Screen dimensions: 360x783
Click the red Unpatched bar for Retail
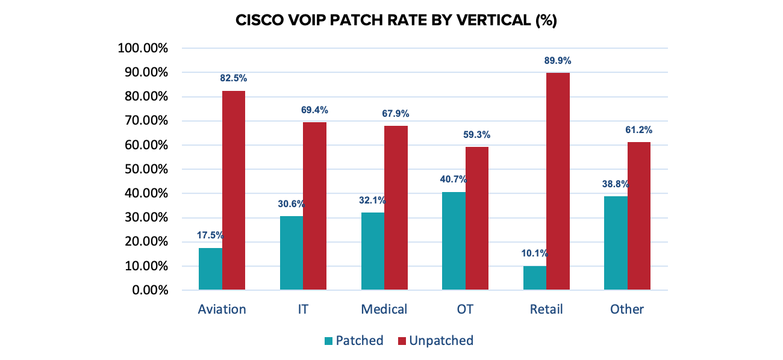(x=558, y=181)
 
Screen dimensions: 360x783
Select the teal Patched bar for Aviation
(x=210, y=269)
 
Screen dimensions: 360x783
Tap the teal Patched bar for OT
(x=454, y=241)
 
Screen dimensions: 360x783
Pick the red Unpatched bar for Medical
(x=396, y=208)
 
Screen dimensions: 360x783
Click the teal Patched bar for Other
(x=616, y=243)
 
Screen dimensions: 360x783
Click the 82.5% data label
(x=234, y=78)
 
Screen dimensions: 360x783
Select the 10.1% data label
(x=534, y=253)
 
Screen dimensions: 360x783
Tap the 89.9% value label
(x=558, y=61)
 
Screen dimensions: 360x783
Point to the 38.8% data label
(x=616, y=184)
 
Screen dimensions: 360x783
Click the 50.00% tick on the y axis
(x=145, y=169)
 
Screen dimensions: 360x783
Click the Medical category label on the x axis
(x=384, y=309)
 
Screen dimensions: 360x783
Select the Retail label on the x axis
(x=546, y=309)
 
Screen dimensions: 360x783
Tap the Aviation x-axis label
(x=222, y=309)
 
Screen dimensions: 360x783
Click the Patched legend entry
(x=359, y=341)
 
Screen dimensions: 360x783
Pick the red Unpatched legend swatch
(x=402, y=341)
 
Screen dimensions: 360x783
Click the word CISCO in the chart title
(x=257, y=20)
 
